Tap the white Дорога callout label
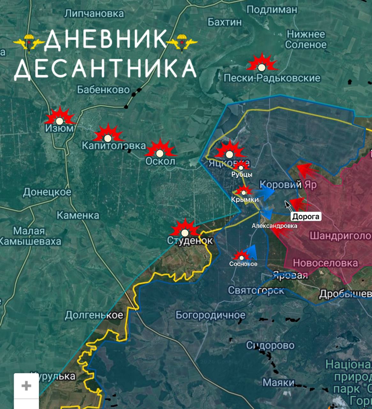coord(306,217)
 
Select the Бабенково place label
coord(103,90)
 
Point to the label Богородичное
coord(211,315)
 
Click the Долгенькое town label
coord(94,315)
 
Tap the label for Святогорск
coord(256,290)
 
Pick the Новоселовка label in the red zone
coord(325,263)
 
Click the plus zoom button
coord(26,386)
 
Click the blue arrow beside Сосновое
coord(252,252)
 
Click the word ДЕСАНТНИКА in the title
coord(105,68)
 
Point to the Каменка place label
coord(78,215)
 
